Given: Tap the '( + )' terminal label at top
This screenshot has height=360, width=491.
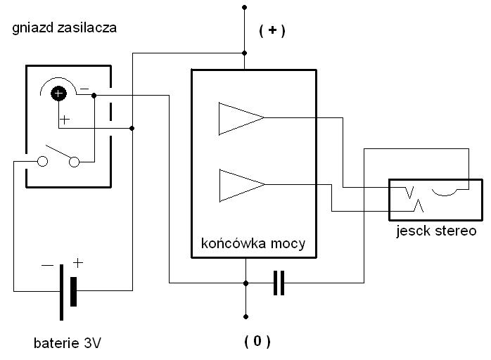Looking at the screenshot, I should pyautogui.click(x=272, y=30).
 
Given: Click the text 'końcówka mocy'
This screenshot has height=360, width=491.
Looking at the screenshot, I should pyautogui.click(x=253, y=244).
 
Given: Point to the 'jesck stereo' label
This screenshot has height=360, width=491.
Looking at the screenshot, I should pyautogui.click(x=435, y=231).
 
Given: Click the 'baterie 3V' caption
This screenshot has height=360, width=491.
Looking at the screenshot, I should pyautogui.click(x=68, y=344).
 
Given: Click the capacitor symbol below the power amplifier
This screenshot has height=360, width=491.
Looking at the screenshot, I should pyautogui.click(x=279, y=283).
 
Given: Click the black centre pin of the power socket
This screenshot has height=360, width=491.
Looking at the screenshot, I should pyautogui.click(x=59, y=93).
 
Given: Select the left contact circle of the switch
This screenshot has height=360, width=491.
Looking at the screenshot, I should pyautogui.click(x=42, y=162).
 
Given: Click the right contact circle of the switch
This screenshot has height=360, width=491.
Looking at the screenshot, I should pyautogui.click(x=75, y=162).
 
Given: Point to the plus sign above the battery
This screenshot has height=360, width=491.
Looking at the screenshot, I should pyautogui.click(x=77, y=263).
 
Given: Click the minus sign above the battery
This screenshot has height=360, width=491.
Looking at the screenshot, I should pyautogui.click(x=47, y=265).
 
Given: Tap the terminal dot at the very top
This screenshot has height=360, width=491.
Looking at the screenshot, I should pyautogui.click(x=245, y=7).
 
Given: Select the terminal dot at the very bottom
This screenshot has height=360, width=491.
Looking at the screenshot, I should pyautogui.click(x=245, y=316).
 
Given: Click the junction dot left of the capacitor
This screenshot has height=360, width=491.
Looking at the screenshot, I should pyautogui.click(x=245, y=283).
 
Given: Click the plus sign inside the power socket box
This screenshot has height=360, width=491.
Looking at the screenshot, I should pyautogui.click(x=65, y=120).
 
